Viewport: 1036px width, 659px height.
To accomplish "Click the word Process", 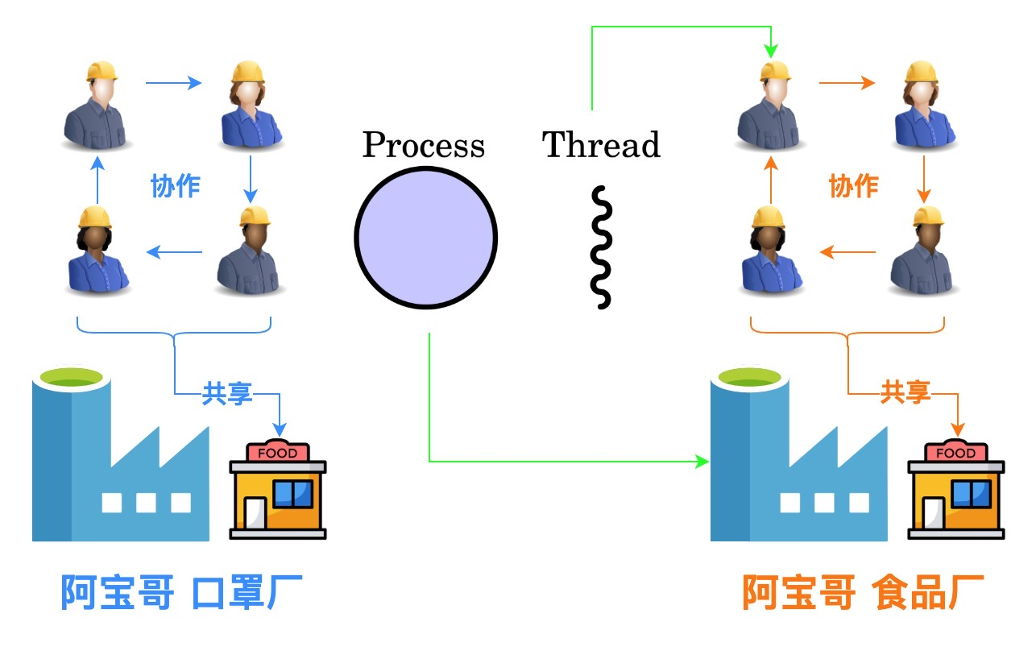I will [424, 146].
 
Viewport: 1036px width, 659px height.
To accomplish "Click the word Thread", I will [601, 145].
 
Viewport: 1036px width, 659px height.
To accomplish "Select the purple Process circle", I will [426, 237].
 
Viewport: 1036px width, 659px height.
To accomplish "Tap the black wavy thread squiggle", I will [601, 247].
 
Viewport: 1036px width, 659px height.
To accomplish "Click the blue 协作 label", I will [175, 186].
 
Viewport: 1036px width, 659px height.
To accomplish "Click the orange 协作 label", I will [853, 186].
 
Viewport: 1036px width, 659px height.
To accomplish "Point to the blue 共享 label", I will [227, 393].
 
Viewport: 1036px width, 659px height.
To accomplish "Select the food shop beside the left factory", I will [278, 490].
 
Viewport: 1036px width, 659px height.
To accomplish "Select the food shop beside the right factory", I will [956, 490].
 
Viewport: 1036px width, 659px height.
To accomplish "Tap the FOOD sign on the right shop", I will [956, 453].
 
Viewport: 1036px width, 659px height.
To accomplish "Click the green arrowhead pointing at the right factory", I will [702, 462].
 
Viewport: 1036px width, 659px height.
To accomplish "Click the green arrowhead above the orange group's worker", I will [771, 51].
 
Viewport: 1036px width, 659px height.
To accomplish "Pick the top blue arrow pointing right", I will [173, 82].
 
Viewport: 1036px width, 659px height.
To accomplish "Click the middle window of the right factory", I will [824, 503].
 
